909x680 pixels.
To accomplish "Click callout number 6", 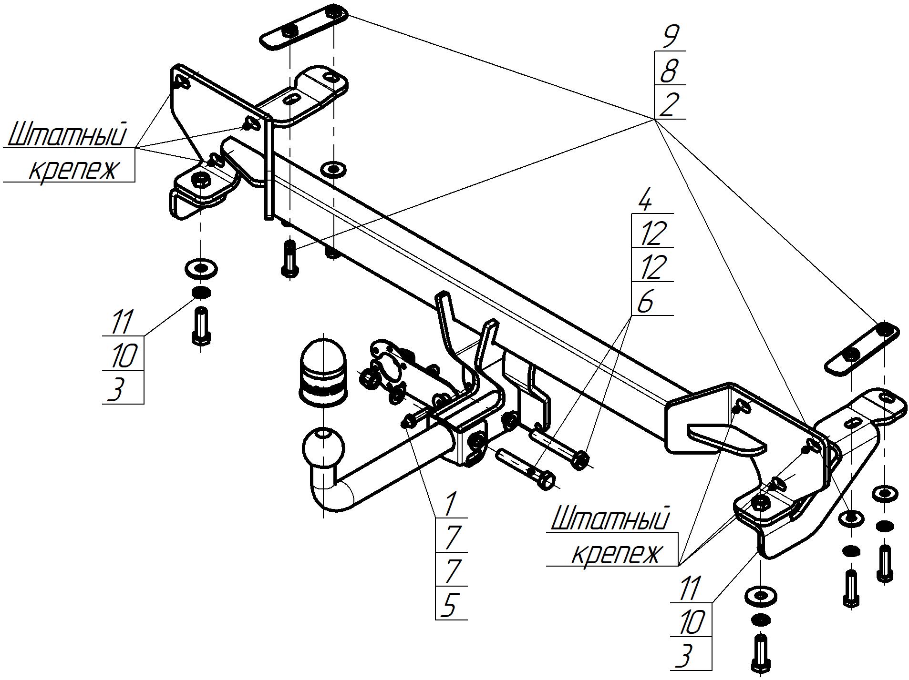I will (x=644, y=302).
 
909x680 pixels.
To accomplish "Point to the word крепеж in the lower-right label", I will (x=617, y=554).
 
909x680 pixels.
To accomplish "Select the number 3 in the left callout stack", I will (x=116, y=388).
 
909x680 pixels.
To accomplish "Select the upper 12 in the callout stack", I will (x=652, y=234).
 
